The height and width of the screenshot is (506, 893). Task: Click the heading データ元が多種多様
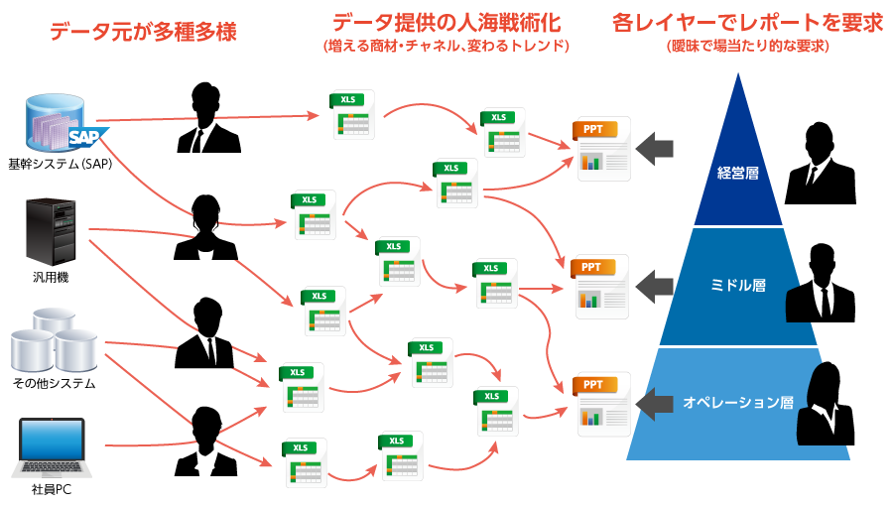[144, 32]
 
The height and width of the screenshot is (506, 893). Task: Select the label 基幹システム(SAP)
[60, 165]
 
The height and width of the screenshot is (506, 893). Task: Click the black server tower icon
[51, 230]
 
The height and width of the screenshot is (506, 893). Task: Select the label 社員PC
[51, 490]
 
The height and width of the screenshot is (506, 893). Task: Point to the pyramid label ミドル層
[739, 285]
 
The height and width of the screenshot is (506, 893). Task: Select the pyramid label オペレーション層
[738, 403]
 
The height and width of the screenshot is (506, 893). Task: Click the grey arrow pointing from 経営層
[655, 149]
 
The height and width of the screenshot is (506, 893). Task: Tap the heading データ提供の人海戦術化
[446, 23]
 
